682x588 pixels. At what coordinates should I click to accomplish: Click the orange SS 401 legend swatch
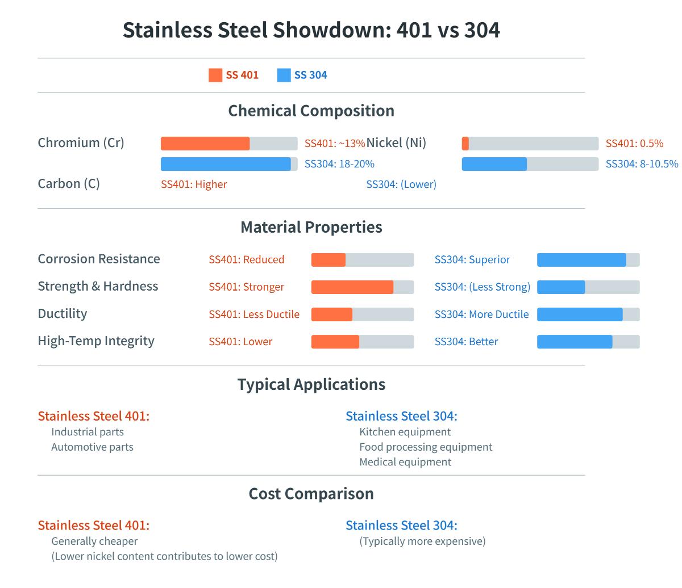tap(215, 75)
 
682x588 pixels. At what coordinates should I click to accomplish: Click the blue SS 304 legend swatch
tap(284, 75)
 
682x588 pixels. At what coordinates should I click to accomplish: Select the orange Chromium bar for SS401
tap(205, 144)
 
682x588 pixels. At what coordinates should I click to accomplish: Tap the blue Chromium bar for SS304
tap(226, 164)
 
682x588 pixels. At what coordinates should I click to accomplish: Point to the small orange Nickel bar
tap(465, 144)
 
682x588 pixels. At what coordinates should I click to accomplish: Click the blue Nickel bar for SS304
tap(494, 164)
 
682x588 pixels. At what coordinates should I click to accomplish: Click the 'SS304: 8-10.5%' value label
tap(642, 164)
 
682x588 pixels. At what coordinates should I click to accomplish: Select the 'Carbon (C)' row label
tap(69, 184)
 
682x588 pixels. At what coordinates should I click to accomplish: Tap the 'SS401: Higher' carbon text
tap(194, 184)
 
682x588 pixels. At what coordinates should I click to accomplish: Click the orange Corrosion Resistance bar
tap(328, 260)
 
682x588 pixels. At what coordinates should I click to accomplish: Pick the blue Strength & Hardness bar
tap(561, 287)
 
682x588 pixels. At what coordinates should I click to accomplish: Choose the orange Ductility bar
tap(332, 314)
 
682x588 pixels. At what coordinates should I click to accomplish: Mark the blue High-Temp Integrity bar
tap(575, 342)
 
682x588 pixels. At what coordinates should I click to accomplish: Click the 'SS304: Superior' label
tap(472, 260)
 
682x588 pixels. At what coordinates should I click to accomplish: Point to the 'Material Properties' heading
tap(311, 227)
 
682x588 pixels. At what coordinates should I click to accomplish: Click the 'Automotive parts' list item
tap(92, 447)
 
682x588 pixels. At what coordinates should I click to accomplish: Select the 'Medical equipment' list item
tap(405, 462)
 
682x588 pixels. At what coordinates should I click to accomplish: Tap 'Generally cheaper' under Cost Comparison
tap(94, 541)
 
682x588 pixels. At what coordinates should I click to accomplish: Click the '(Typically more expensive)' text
tap(422, 541)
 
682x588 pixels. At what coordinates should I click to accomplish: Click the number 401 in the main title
tap(414, 30)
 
